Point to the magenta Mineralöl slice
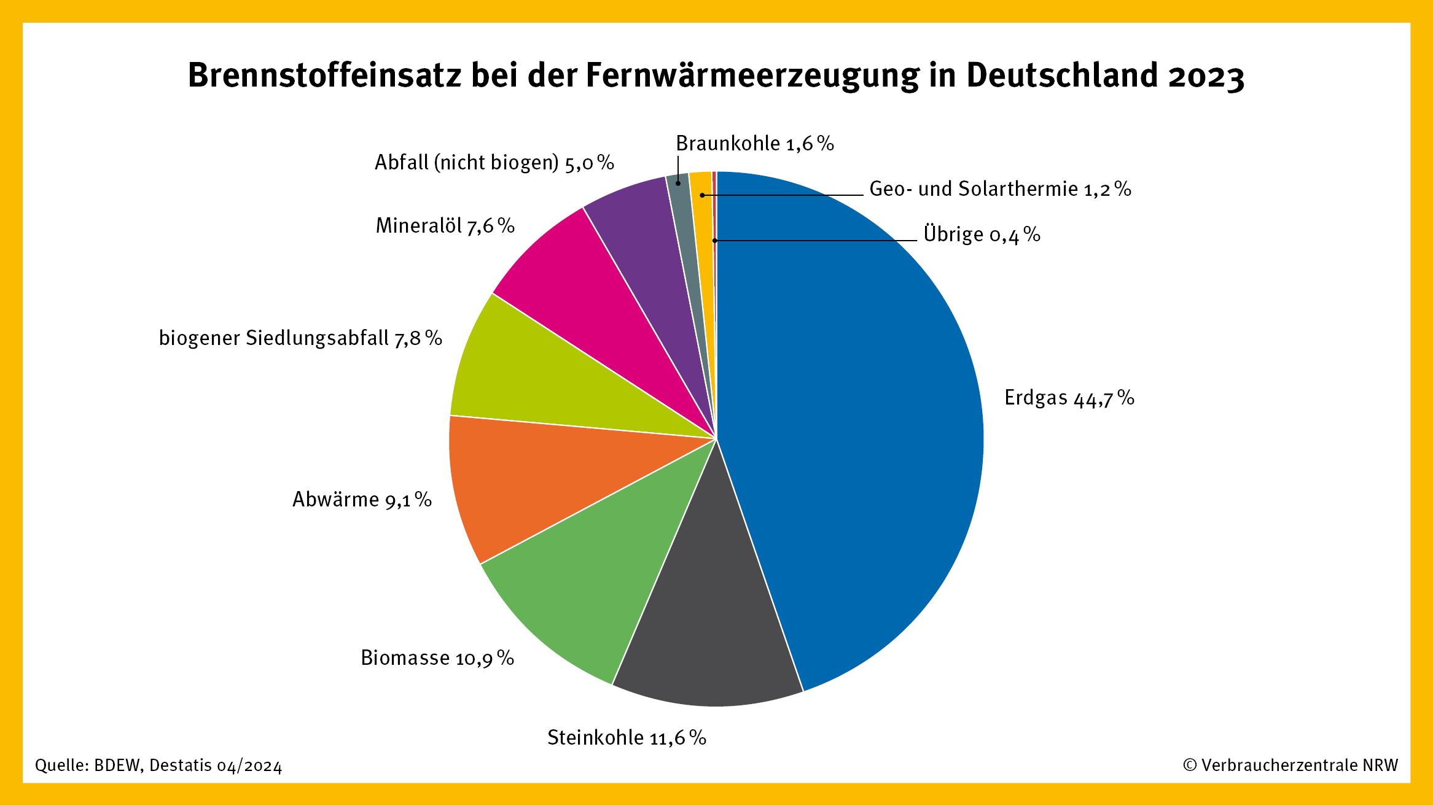[x=590, y=289]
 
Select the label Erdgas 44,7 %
[x=1069, y=398]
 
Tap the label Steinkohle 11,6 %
[x=627, y=737]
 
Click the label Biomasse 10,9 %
[x=437, y=658]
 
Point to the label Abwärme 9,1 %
[x=362, y=500]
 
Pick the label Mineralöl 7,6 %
[x=445, y=226]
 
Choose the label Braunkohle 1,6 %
[x=754, y=144]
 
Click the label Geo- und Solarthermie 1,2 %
[x=1000, y=189]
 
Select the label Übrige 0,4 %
[x=982, y=234]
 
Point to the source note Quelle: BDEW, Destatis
[x=158, y=765]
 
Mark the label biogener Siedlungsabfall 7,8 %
[x=300, y=338]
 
